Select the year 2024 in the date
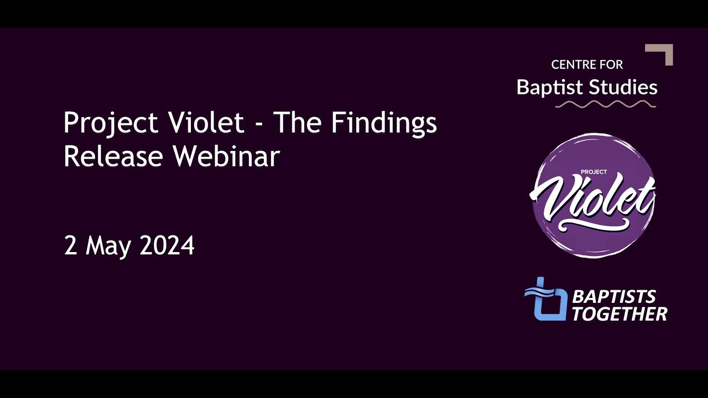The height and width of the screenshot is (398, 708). pos(166,245)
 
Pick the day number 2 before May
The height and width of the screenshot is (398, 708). pos(70,245)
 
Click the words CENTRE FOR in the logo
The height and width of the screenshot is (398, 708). pos(587,65)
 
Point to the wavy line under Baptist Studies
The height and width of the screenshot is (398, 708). pos(605,104)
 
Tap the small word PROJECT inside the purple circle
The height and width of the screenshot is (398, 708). pos(594,172)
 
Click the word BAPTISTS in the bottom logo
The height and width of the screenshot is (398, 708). pos(614,297)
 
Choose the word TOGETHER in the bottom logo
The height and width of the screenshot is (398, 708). pos(619,315)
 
